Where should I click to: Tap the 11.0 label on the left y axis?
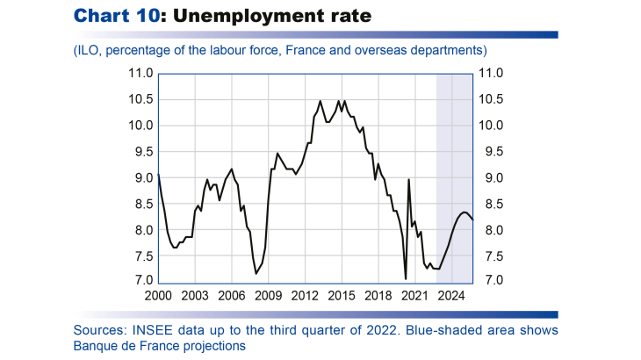141,74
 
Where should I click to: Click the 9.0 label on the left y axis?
144,178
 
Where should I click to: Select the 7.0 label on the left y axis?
144,282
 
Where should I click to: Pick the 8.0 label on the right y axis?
489,230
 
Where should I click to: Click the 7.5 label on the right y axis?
489,256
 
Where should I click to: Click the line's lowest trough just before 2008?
256,274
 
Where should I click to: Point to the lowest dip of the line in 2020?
406,279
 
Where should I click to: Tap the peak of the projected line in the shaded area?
464,212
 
